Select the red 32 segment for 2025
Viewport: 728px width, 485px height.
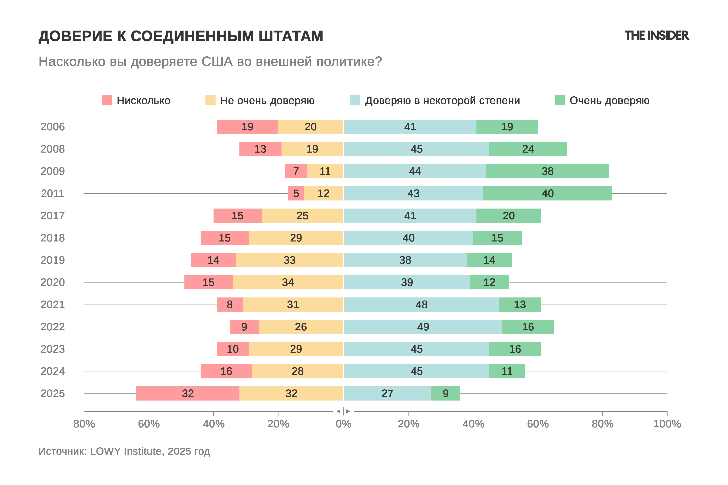point(188,393)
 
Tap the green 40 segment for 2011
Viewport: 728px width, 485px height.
point(547,193)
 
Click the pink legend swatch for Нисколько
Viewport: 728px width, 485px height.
point(107,100)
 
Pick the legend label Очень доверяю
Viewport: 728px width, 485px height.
point(609,100)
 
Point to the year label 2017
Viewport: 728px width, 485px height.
point(53,216)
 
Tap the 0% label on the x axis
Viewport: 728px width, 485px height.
point(343,424)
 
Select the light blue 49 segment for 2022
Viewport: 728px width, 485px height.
point(423,327)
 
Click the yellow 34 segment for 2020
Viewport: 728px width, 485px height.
point(288,282)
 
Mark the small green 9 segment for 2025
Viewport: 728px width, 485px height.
point(445,393)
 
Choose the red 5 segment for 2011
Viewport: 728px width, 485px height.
point(296,193)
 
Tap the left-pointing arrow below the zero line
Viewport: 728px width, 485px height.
point(339,411)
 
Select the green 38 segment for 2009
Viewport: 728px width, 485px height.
point(547,171)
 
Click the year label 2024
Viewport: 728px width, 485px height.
point(53,371)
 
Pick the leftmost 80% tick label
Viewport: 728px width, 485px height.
point(84,424)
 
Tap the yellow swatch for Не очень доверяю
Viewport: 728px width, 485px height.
point(210,100)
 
